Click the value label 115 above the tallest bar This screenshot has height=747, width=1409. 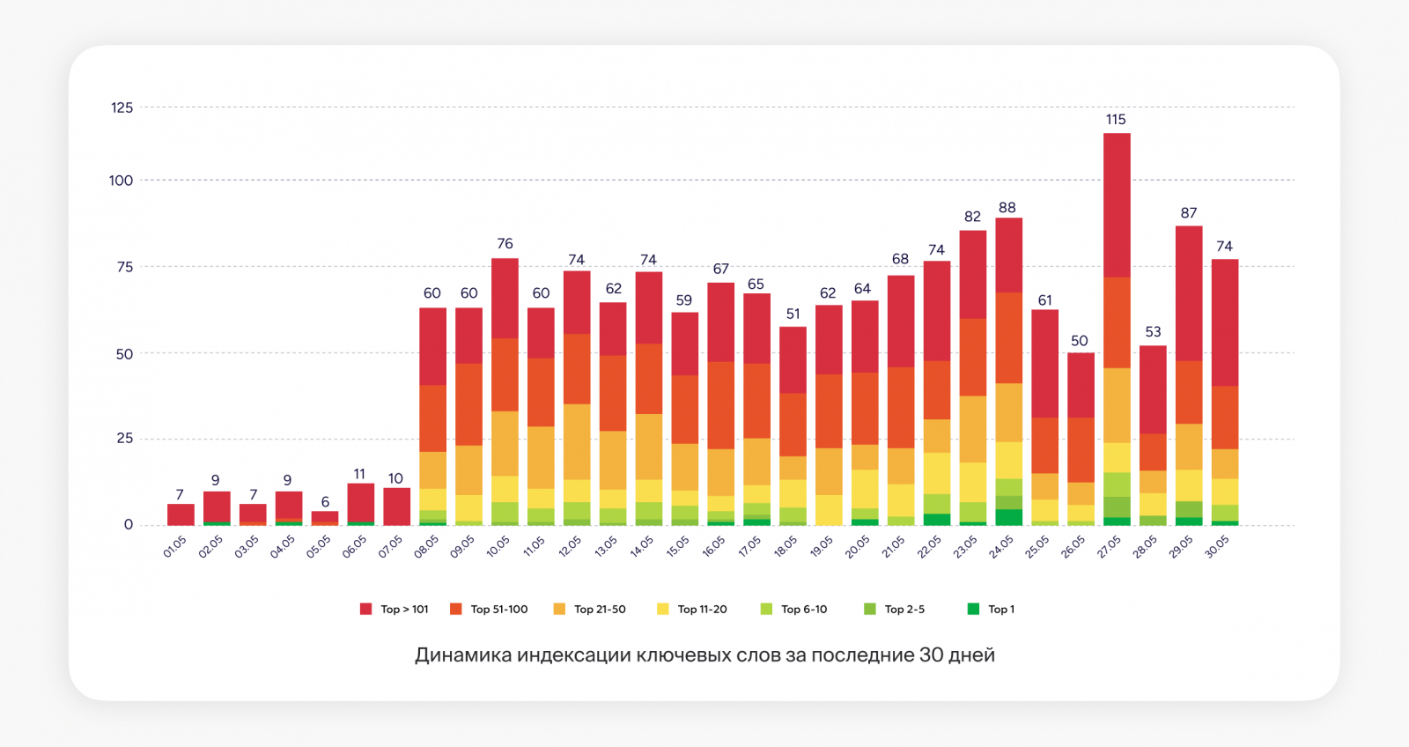point(1116,120)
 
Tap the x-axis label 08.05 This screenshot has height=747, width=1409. point(426,547)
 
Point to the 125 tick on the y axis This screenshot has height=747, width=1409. point(122,107)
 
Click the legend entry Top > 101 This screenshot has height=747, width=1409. point(395,610)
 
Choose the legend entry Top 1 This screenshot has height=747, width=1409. point(992,610)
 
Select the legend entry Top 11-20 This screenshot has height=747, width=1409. point(692,610)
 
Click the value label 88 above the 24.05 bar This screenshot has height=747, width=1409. point(1007,208)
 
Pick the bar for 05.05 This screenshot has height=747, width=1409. point(325,518)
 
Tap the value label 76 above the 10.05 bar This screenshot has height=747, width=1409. point(505,244)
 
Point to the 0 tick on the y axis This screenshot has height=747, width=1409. point(129,525)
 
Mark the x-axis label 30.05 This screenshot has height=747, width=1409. point(1217,547)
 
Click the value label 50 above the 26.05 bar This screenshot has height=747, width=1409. point(1080,341)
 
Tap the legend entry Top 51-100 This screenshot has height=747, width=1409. point(490,610)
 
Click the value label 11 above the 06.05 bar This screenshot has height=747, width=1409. point(359,475)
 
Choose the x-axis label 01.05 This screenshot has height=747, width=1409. point(174,547)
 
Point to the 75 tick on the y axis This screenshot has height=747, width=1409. point(125,267)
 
